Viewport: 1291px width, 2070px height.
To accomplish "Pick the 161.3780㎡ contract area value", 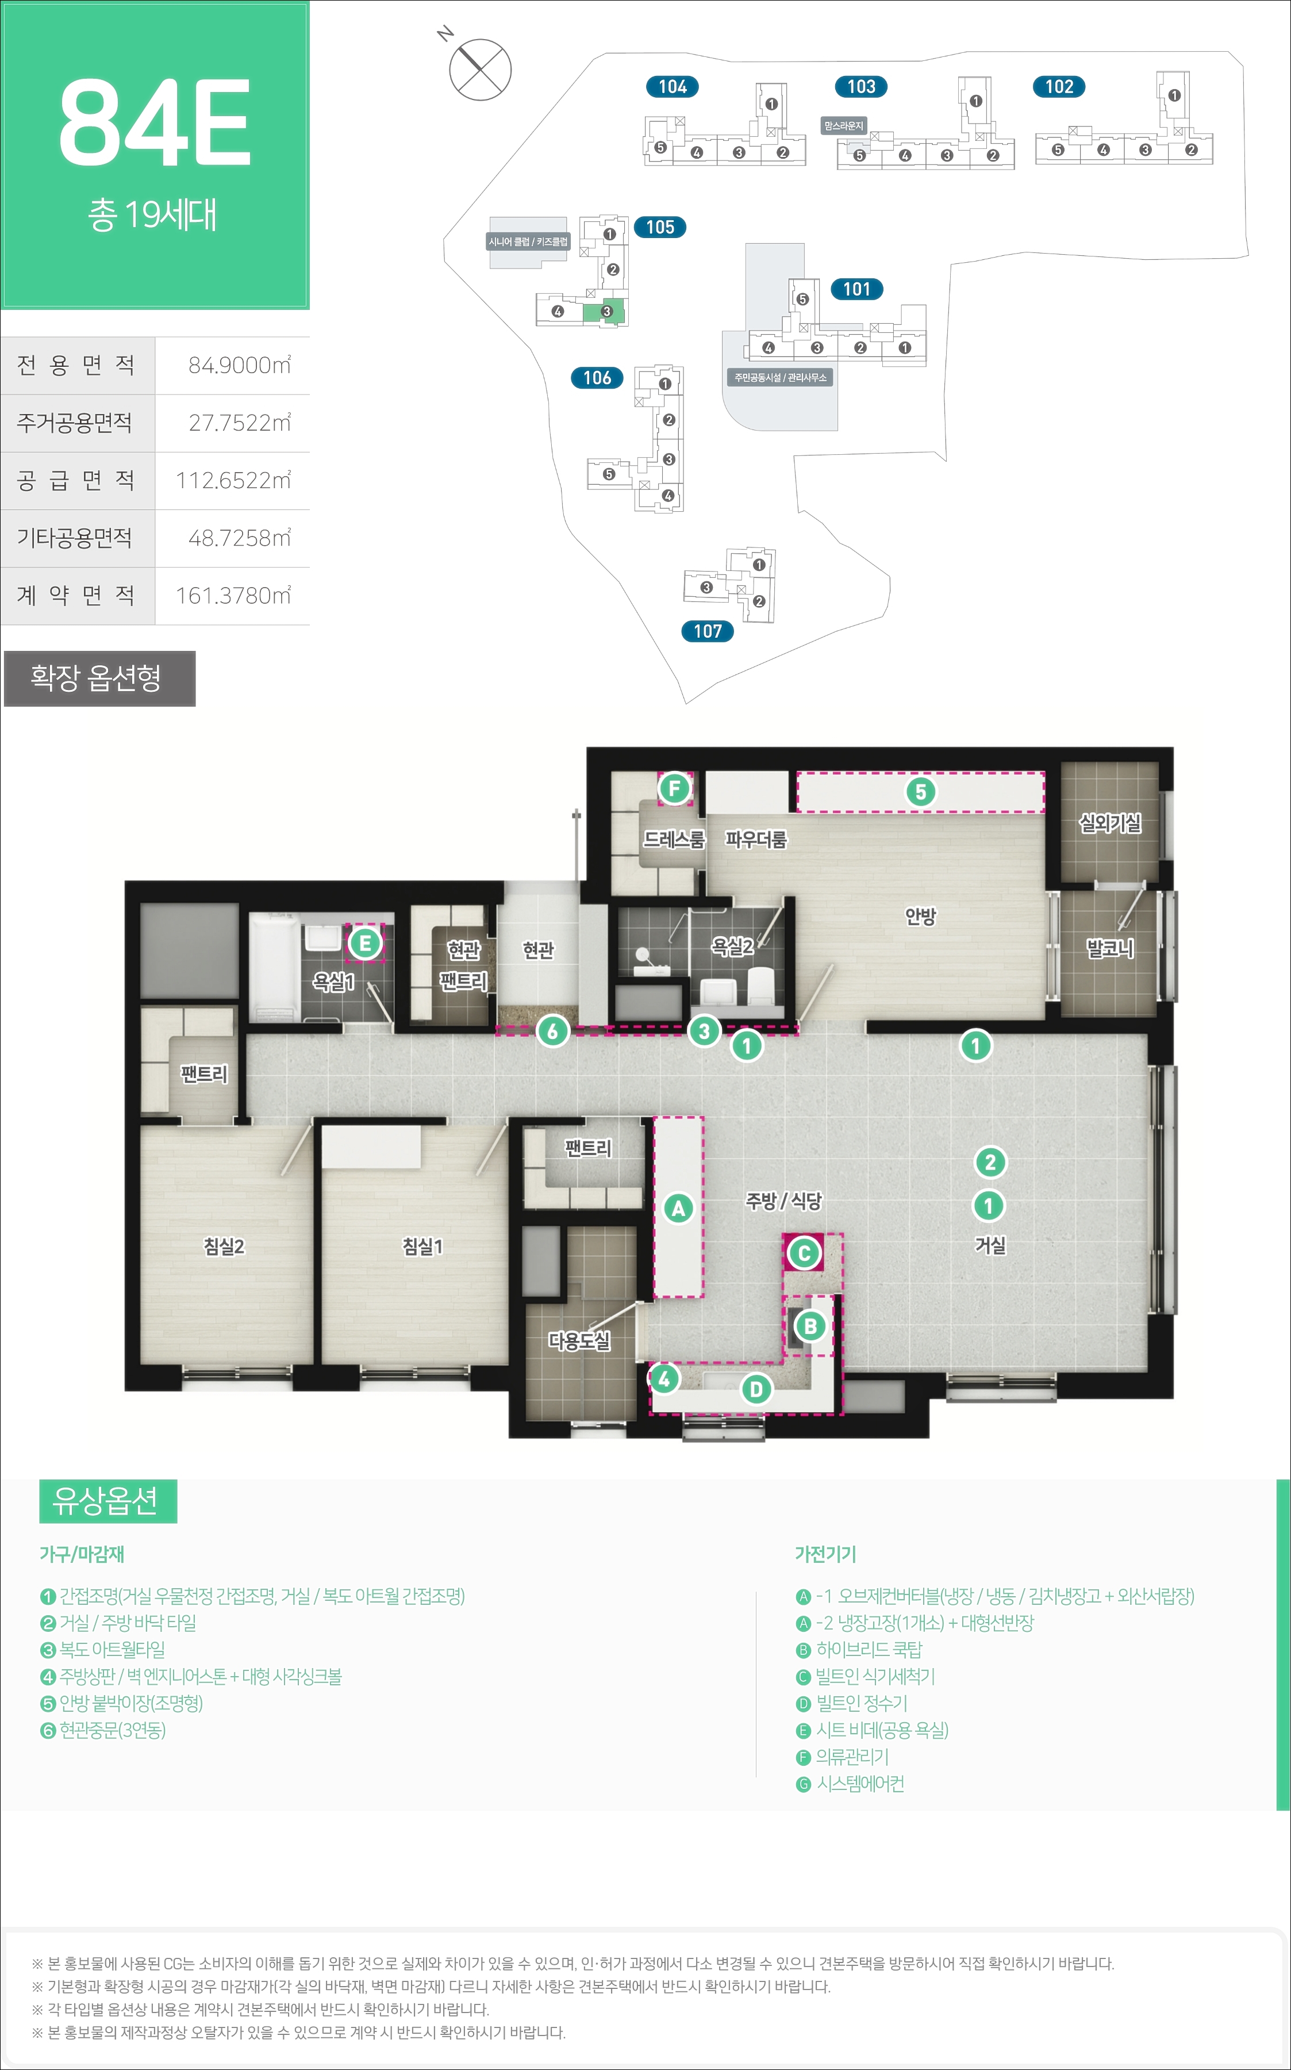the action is [x=233, y=595].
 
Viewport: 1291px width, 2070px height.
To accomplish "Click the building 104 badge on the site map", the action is [x=673, y=86].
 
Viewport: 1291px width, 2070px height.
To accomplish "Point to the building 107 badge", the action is [x=708, y=631].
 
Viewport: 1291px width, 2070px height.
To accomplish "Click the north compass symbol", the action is [x=480, y=69].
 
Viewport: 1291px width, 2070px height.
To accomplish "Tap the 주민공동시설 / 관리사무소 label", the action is [x=781, y=377].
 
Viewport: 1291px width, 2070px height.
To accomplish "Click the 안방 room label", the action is [x=920, y=917].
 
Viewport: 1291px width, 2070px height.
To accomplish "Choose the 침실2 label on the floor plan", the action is [x=224, y=1247].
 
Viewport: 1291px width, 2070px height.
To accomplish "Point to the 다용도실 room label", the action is [x=580, y=1341].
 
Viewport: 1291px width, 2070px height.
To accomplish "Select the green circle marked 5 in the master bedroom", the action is [x=920, y=792].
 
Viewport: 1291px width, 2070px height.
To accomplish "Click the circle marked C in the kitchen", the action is [x=804, y=1253].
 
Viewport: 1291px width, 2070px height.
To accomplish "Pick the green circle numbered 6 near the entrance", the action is [x=552, y=1032].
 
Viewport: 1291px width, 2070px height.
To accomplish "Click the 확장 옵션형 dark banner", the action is [x=99, y=678].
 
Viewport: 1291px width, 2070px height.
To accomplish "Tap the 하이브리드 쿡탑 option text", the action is [x=869, y=1650].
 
